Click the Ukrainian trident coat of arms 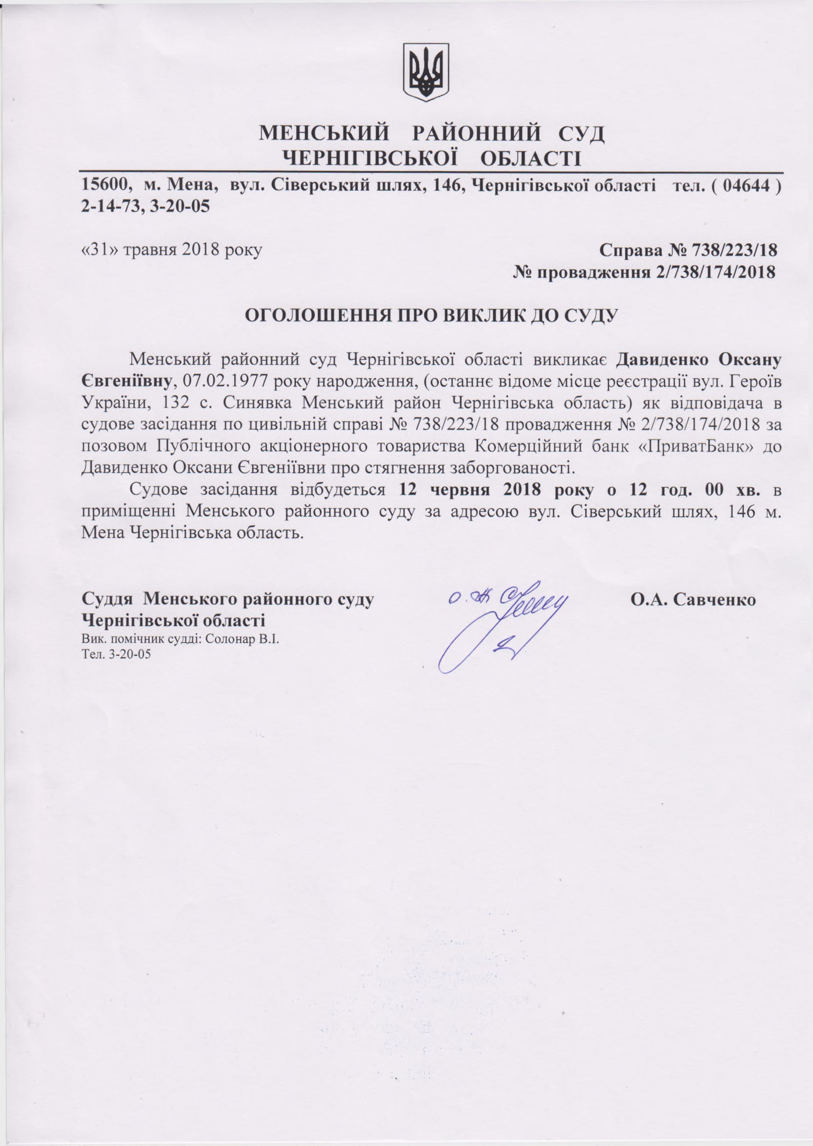click(x=426, y=71)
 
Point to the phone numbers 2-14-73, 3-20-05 click(x=145, y=207)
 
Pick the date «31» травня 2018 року click(x=171, y=250)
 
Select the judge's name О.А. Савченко click(x=693, y=599)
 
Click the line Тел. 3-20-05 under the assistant click(x=116, y=654)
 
